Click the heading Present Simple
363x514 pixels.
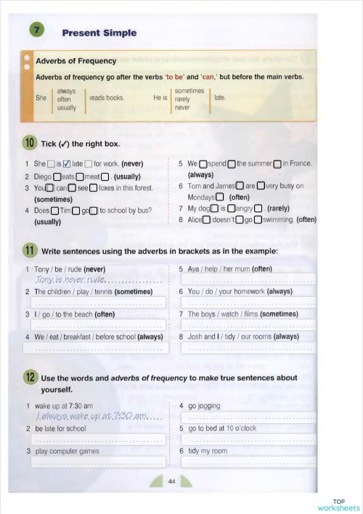coord(99,33)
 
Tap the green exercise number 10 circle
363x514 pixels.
coord(30,142)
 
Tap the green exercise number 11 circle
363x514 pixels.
coord(30,251)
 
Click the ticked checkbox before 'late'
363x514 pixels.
coord(67,164)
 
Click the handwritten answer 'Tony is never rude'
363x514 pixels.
coord(70,280)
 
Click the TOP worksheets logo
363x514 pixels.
coord(339,505)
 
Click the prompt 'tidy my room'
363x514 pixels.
coord(208,451)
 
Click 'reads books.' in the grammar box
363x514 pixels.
coord(107,97)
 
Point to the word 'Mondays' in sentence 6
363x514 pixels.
coord(201,197)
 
